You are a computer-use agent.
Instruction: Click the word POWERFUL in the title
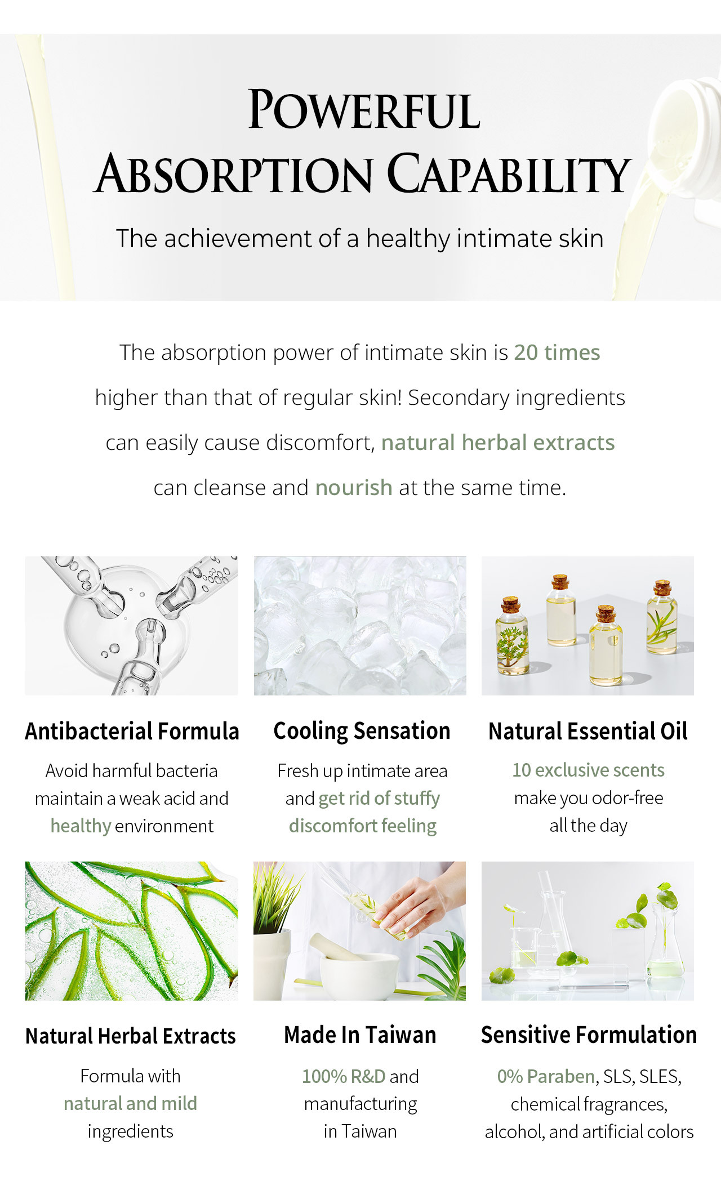pyautogui.click(x=364, y=109)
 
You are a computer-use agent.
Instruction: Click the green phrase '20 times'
pyautogui.click(x=557, y=353)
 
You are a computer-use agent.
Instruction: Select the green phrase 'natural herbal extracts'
pyautogui.click(x=498, y=443)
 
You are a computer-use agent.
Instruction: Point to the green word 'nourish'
pyautogui.click(x=354, y=488)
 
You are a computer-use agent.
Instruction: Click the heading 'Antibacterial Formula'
pyautogui.click(x=132, y=731)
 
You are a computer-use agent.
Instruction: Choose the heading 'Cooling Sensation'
pyautogui.click(x=362, y=731)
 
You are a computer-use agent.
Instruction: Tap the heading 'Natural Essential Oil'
pyautogui.click(x=588, y=731)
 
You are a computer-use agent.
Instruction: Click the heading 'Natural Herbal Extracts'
pyautogui.click(x=131, y=1036)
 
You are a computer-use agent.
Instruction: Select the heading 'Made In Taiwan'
pyautogui.click(x=360, y=1035)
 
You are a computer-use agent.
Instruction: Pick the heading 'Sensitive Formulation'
pyautogui.click(x=589, y=1035)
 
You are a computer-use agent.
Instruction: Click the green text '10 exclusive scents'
pyautogui.click(x=588, y=770)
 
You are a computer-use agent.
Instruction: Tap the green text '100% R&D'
pyautogui.click(x=344, y=1076)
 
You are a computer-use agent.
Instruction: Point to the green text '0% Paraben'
pyautogui.click(x=546, y=1076)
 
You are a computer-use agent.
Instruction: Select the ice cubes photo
pyautogui.click(x=360, y=626)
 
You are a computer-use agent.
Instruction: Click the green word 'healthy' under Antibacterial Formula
pyautogui.click(x=81, y=826)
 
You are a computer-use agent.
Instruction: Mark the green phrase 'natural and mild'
pyautogui.click(x=130, y=1103)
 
